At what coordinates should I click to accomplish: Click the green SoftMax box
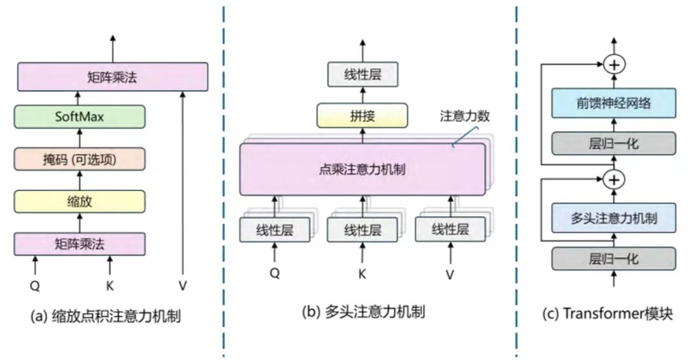pos(80,117)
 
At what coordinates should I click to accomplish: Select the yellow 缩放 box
pos(80,201)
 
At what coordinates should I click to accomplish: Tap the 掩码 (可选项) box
pos(80,159)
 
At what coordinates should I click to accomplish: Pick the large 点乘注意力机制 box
pos(362,169)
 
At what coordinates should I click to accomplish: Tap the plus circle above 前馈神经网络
pos(614,64)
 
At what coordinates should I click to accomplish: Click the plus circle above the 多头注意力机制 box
pos(614,180)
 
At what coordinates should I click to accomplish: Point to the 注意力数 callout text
pos(466,117)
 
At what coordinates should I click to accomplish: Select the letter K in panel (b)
pos(362,275)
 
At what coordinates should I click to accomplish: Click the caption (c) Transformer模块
pos(607,314)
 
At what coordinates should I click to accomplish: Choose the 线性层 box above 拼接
pos(362,74)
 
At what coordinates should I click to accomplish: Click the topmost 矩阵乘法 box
pos(112,77)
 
